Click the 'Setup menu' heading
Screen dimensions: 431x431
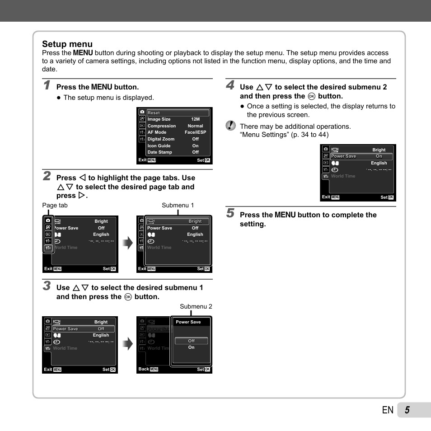pos(67,44)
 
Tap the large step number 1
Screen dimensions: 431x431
pos(47,85)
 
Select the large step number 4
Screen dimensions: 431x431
pos(230,85)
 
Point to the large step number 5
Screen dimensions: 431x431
pos(230,213)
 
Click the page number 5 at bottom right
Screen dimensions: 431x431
pos(407,410)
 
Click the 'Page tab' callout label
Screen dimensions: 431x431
pos(55,205)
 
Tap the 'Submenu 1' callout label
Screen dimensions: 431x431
pos(178,205)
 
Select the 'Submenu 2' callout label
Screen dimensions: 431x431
pos(196,306)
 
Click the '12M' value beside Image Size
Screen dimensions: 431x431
pos(195,120)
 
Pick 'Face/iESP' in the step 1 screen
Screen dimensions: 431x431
pos(195,132)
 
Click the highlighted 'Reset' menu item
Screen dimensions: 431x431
pos(154,113)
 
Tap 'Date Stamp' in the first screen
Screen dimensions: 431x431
pos(159,152)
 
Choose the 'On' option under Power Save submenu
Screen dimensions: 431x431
pos(192,347)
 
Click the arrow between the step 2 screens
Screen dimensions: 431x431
pos(128,244)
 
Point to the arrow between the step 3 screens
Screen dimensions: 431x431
pos(128,344)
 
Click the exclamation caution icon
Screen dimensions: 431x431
pos(231,126)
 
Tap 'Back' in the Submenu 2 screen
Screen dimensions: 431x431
pos(144,369)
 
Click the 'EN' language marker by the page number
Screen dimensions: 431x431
pos(387,410)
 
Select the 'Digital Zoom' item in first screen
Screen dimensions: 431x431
pos(161,139)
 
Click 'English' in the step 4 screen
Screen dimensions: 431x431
pos(379,163)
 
